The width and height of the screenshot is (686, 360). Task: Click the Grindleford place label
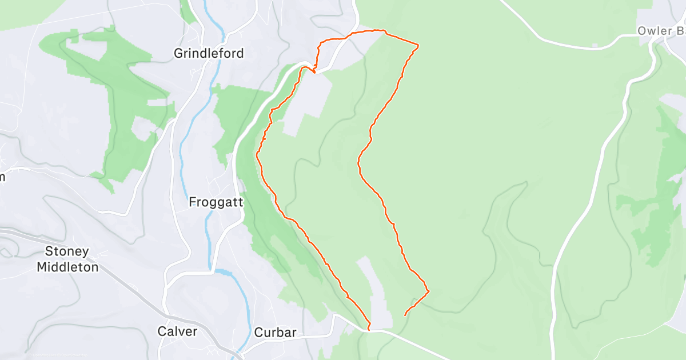(209, 54)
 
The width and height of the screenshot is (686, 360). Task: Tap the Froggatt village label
(216, 202)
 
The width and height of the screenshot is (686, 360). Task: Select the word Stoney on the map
(67, 251)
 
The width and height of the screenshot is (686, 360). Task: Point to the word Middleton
(67, 266)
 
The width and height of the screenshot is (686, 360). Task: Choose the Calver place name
(177, 331)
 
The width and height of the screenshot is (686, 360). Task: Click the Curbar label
(275, 333)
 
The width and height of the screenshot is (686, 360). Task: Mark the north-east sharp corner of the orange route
(418, 45)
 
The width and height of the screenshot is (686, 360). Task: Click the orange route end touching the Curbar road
(369, 329)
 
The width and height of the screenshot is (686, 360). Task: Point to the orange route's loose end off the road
(405, 315)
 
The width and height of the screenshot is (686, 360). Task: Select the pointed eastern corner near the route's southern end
(428, 291)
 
